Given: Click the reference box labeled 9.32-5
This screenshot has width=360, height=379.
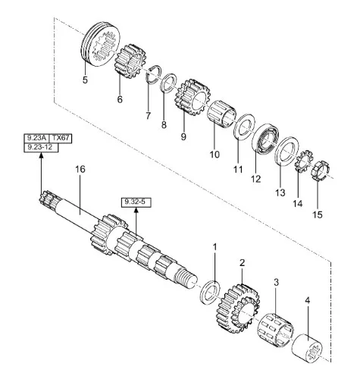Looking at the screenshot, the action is tap(136, 202).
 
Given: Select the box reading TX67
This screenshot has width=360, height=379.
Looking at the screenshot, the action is tap(61, 138).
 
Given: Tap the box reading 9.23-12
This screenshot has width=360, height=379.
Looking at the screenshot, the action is tap(41, 147).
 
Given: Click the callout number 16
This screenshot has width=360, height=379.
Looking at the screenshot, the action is tap(80, 169).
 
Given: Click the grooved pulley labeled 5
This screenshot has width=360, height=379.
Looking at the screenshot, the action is tap(101, 44).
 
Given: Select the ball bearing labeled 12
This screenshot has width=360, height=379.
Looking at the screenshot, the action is tap(265, 138).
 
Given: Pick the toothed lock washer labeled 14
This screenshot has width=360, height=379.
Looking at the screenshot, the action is tap(304, 161).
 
